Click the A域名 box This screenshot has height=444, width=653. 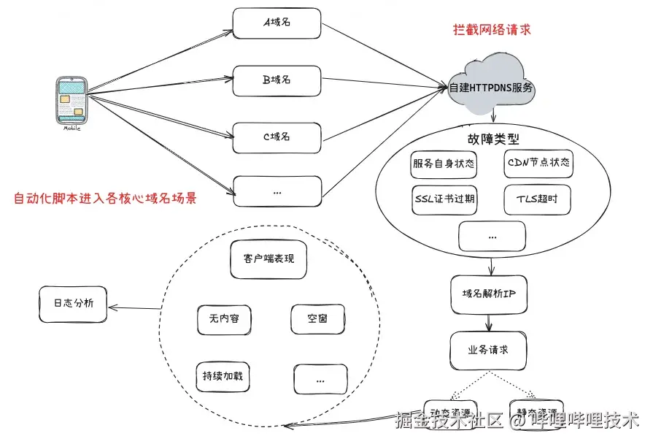[277, 23]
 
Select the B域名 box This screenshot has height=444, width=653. [277, 80]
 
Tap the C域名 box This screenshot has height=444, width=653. [277, 137]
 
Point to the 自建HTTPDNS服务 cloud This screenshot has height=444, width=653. [491, 88]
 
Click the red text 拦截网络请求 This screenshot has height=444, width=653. [491, 30]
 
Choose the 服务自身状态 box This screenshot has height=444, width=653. [444, 163]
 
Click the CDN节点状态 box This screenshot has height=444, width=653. [538, 163]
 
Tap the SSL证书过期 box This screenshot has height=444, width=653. [444, 199]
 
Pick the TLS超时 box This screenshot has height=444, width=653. [537, 199]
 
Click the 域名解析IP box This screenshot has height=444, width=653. [489, 294]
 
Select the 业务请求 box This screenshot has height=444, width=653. [488, 349]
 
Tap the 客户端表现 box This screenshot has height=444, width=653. [268, 259]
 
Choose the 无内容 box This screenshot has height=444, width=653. [223, 319]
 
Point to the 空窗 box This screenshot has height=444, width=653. [317, 319]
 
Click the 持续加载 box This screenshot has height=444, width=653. [223, 377]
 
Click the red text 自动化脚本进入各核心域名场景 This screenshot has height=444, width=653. [106, 199]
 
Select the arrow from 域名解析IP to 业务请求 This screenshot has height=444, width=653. [488, 321]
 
